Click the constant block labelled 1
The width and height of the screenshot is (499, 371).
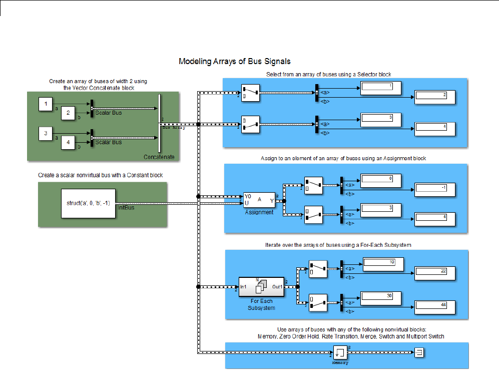click(x=46, y=105)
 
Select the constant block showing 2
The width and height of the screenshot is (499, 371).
click(x=69, y=114)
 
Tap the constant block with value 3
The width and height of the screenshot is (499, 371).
click(x=46, y=134)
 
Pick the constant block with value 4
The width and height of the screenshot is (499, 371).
click(x=69, y=144)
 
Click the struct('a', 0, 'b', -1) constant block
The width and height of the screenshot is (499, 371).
click(x=88, y=203)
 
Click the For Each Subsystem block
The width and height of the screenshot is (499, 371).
click(x=261, y=287)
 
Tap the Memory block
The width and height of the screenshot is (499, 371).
click(x=341, y=352)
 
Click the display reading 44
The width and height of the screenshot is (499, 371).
click(x=434, y=307)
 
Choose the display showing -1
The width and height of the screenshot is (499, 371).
click(x=435, y=190)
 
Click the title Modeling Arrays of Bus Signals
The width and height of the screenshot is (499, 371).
click(x=235, y=62)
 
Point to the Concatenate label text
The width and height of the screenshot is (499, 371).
click(x=159, y=157)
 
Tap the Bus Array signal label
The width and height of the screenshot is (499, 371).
click(x=174, y=128)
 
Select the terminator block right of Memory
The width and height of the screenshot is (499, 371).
click(x=419, y=352)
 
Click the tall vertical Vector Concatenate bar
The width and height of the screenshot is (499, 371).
click(x=159, y=123)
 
